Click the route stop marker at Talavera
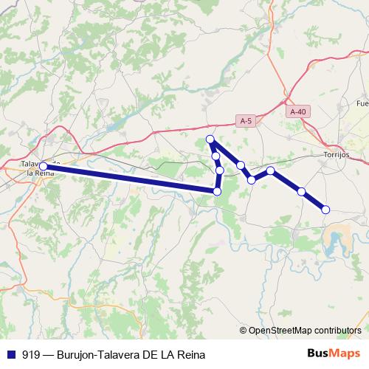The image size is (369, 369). pyautogui.click(x=44, y=166)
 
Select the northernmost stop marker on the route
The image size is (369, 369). pyautogui.click(x=210, y=139)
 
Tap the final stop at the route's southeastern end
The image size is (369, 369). pyautogui.click(x=325, y=210)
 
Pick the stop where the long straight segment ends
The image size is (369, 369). pyautogui.click(x=217, y=191)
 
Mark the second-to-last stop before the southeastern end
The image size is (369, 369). pyautogui.click(x=301, y=191)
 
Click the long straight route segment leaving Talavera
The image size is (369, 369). pyautogui.click(x=129, y=179)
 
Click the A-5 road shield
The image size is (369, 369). pyautogui.click(x=246, y=120)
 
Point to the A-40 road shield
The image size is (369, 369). pyautogui.click(x=297, y=111)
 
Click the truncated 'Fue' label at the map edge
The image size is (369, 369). pyautogui.click(x=362, y=103)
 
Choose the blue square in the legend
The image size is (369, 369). pyautogui.click(x=11, y=354)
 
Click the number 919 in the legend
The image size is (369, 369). pyautogui.click(x=32, y=354)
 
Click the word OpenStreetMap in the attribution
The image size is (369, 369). pyautogui.click(x=281, y=330)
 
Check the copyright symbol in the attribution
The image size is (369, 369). pyautogui.click(x=244, y=330)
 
